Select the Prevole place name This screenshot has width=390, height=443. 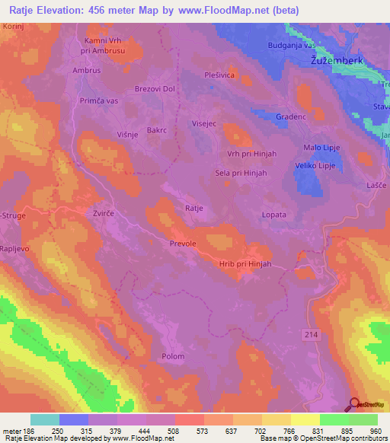point(183,244)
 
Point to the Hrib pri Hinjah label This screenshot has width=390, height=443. point(245,263)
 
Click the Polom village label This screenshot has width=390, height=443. point(174,356)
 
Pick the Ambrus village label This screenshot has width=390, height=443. point(87,70)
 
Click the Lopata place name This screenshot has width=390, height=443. point(273,215)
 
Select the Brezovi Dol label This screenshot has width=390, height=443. point(155,89)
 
